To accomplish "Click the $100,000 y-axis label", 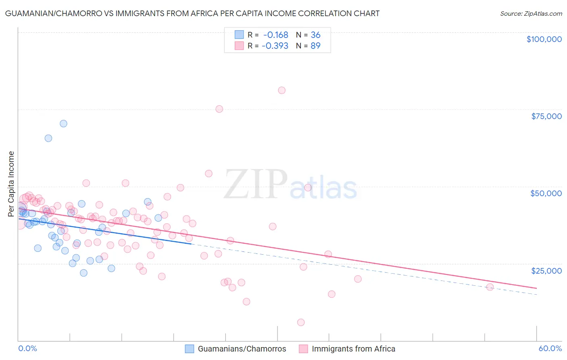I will [x=544, y=39].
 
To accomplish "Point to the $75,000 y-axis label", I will [x=546, y=116].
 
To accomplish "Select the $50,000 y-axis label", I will [x=546, y=193].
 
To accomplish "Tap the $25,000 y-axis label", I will [x=546, y=270].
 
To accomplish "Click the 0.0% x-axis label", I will [x=27, y=348].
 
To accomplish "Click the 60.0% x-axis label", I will [x=550, y=348].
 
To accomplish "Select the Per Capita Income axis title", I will [x=11, y=184].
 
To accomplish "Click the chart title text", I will [x=192, y=13].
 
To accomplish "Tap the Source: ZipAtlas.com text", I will [x=531, y=13].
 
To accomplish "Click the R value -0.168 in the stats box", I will [x=275, y=35].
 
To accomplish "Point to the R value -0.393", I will [x=275, y=46].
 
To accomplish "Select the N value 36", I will [x=315, y=35].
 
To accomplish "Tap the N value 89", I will [x=315, y=46].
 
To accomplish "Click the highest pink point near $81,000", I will [x=281, y=90].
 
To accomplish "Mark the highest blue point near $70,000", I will [x=63, y=123].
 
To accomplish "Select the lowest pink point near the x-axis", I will [x=301, y=322].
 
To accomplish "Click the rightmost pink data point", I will [x=490, y=287].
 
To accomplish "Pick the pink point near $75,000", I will [x=219, y=109].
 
